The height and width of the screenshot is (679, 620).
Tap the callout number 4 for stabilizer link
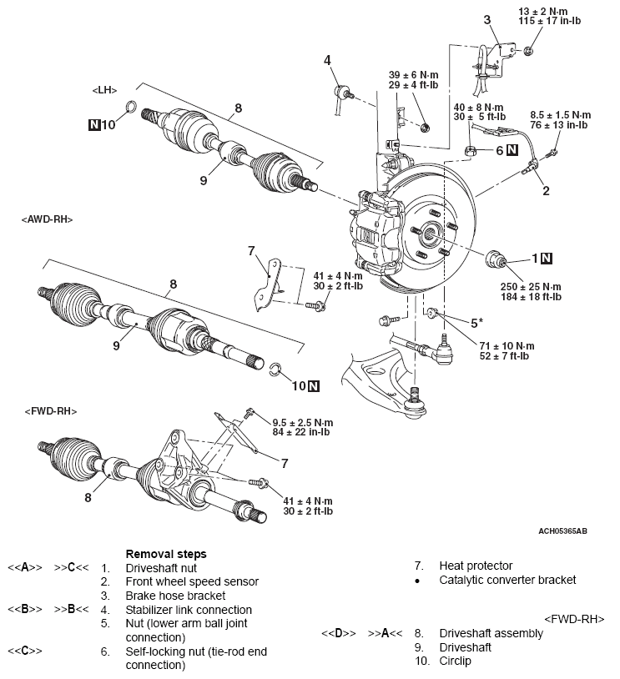(x=328, y=59)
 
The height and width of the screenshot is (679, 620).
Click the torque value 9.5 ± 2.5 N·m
(x=303, y=421)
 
